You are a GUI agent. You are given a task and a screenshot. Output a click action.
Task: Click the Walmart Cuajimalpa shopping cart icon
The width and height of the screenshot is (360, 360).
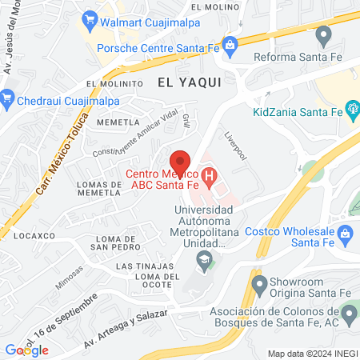pos(89,17)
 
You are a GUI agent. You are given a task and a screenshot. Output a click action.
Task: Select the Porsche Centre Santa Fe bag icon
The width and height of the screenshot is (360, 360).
pos(230,44)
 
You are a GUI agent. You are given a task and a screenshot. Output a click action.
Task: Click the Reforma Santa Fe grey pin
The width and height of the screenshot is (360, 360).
pos(323,35)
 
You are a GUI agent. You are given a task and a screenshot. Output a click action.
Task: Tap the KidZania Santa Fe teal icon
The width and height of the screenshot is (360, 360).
pos(351,109)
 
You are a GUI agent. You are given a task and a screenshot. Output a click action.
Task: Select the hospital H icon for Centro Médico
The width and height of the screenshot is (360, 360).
pos(209,174)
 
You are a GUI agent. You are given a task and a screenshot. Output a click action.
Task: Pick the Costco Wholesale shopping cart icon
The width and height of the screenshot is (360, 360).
pos(346,234)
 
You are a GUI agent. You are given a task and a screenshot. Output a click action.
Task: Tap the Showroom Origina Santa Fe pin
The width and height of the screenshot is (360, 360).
pos(258,284)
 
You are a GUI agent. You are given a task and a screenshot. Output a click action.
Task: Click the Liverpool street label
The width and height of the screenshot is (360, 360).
pos(238,143)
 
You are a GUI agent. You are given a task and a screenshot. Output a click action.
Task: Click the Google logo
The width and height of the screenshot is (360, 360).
pos(26,350)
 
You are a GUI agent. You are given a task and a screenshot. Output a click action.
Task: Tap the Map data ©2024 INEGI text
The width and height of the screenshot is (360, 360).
pos(311,353)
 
